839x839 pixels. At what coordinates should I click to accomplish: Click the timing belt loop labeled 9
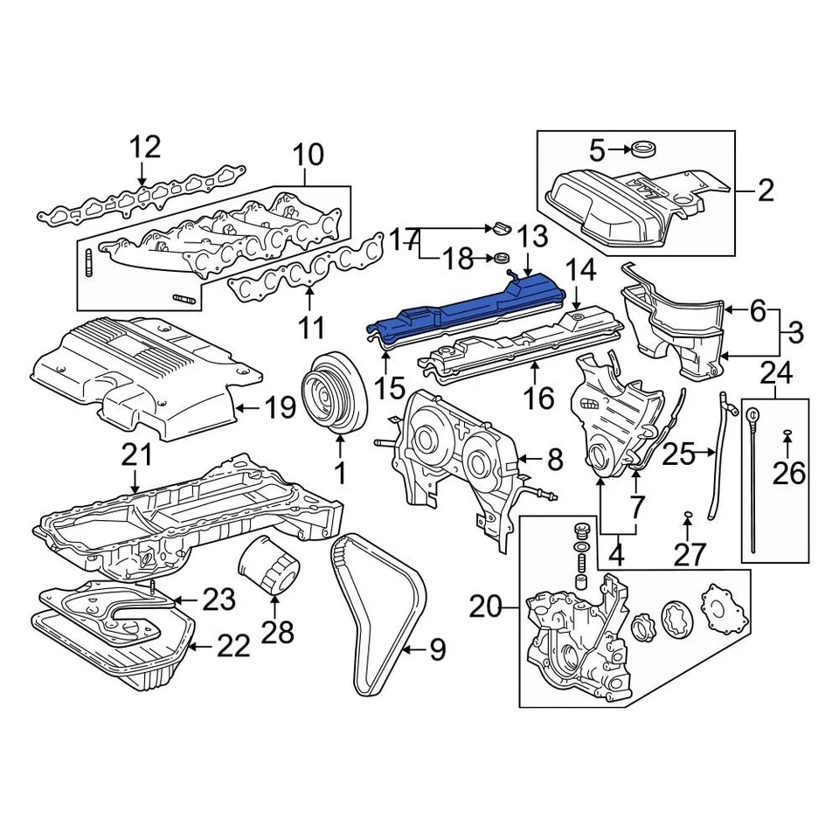378,612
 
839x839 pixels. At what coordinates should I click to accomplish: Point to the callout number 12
146,147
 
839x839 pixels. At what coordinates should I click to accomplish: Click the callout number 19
281,407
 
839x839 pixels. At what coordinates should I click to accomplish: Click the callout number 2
766,190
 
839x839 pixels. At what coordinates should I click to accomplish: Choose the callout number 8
556,458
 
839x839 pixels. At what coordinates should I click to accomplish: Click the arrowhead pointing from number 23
175,600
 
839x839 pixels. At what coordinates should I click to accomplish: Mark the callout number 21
136,454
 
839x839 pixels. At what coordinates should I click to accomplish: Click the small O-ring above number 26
787,432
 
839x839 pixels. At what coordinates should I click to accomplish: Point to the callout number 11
311,329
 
